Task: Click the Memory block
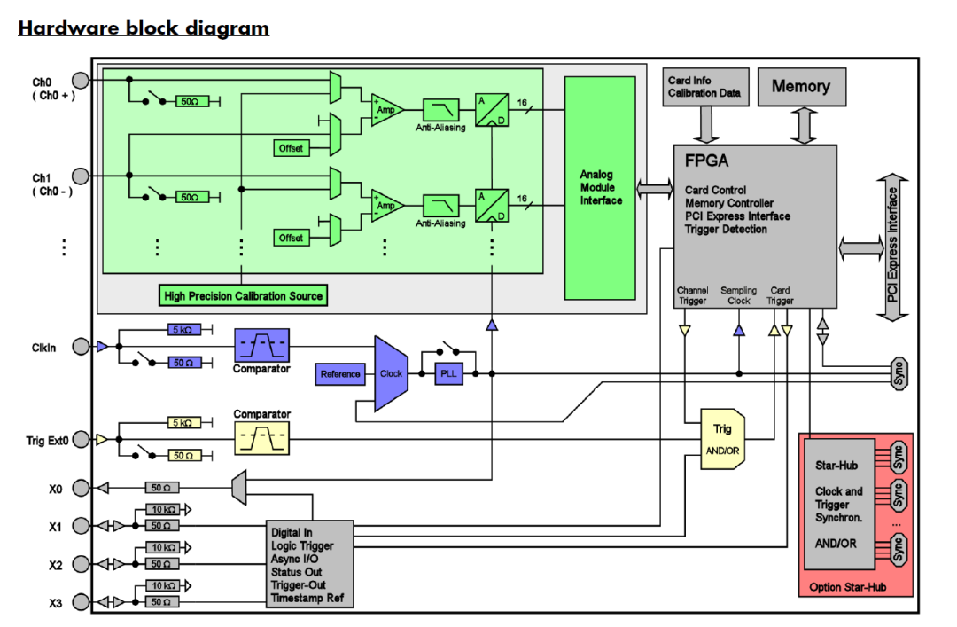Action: pyautogui.click(x=801, y=87)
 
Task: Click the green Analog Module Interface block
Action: pyautogui.click(x=601, y=188)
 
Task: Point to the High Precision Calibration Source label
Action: pyautogui.click(x=244, y=295)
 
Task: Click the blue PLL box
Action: pyautogui.click(x=448, y=374)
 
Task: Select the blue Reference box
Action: pyautogui.click(x=340, y=374)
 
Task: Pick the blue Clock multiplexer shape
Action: pyautogui.click(x=391, y=373)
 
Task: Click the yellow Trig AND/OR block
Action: pyautogui.click(x=722, y=438)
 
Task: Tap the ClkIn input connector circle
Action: pyautogui.click(x=81, y=347)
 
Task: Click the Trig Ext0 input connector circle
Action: pyautogui.click(x=81, y=439)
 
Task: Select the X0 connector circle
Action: pyautogui.click(x=81, y=488)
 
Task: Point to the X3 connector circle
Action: pyautogui.click(x=81, y=603)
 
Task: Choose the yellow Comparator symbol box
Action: pyautogui.click(x=261, y=438)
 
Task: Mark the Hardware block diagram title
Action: pyautogui.click(x=144, y=27)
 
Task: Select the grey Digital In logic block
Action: pyautogui.click(x=310, y=564)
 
